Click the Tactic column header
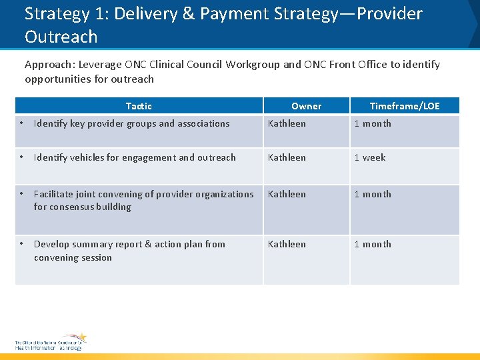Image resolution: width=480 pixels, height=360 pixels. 139,106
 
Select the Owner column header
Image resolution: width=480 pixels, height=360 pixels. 306,106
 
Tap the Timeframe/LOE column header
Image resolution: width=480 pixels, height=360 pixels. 405,106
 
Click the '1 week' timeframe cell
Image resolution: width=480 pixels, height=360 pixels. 370,158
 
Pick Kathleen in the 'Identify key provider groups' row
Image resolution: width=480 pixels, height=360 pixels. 287,123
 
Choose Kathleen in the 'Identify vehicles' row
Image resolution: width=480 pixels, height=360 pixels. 287,158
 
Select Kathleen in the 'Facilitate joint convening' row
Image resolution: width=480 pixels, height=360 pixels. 287,195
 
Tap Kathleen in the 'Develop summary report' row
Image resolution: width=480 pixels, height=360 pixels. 287,245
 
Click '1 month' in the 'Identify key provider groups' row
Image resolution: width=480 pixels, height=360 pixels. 373,123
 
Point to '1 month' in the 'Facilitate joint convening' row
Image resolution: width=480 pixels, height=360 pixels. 373,195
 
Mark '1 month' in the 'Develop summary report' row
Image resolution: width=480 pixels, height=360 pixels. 373,245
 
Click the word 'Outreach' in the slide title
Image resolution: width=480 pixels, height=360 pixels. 61,37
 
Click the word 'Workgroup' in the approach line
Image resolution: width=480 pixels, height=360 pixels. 256,65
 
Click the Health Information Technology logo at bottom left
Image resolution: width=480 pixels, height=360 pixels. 51,342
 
